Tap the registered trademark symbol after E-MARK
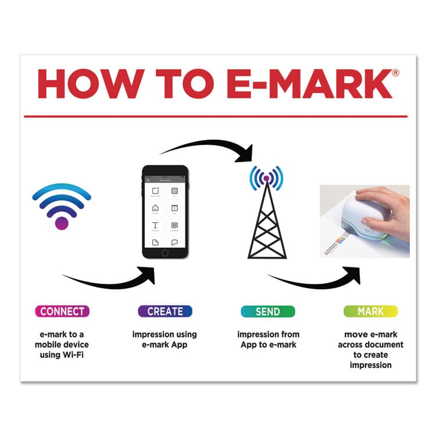395,73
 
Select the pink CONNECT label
62,312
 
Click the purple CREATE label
165,312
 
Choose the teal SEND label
267,312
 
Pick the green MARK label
370,312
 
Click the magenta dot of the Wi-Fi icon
62,223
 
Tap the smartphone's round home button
165,252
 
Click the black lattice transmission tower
267,224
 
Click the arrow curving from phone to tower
209,145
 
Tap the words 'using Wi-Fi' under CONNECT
62,355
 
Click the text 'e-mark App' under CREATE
165,345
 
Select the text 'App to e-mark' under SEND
267,345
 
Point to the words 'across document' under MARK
370,345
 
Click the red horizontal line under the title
218,116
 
